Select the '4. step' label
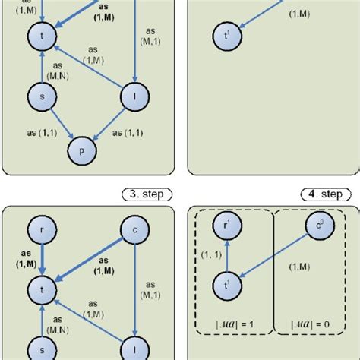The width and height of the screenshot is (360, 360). tap(320, 194)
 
